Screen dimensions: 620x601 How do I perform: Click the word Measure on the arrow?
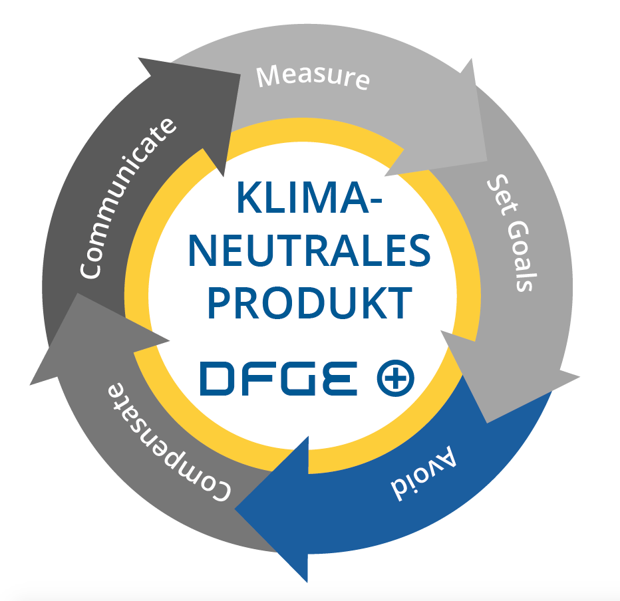[313, 77]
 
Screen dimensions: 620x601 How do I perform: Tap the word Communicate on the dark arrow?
[127, 198]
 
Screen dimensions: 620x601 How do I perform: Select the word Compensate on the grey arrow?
[169, 441]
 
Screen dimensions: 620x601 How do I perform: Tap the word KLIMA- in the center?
[309, 197]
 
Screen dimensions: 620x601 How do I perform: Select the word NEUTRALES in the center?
[309, 251]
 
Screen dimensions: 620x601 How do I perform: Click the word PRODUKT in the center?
[310, 303]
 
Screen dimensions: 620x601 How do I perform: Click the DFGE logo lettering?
[278, 378]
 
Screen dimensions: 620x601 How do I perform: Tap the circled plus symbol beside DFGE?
[395, 378]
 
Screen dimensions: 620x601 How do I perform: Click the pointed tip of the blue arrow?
[235, 509]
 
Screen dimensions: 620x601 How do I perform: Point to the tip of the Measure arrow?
[385, 175]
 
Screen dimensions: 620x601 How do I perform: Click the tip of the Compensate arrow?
[31, 384]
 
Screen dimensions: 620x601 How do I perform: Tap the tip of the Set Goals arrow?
[487, 423]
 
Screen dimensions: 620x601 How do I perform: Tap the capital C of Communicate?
[90, 269]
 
